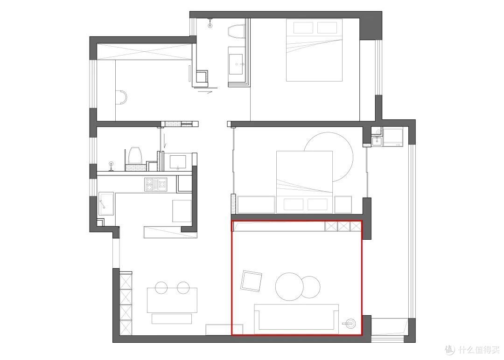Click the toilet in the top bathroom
[237, 32]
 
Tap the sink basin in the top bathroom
[237, 64]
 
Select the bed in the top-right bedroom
[314, 50]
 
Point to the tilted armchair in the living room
[252, 281]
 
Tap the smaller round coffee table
[310, 286]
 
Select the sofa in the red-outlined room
[296, 318]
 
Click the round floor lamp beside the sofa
[350, 323]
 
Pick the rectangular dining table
[172, 300]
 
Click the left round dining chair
[161, 288]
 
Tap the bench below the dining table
[172, 319]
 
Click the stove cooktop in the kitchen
[155, 185]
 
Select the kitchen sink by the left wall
[106, 204]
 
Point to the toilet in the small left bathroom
[134, 155]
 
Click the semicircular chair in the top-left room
[121, 97]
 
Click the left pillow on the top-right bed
[303, 28]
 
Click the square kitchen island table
[182, 211]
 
